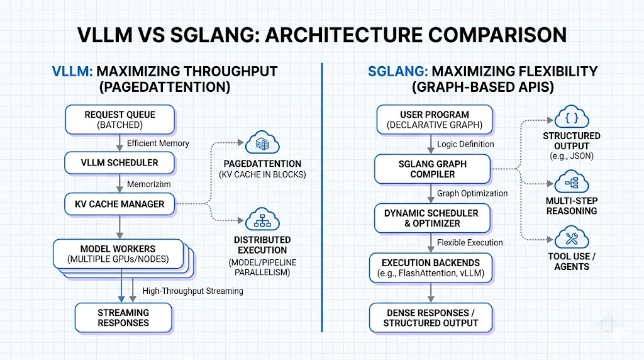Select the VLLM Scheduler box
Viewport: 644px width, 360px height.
point(119,162)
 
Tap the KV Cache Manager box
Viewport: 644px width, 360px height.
point(119,204)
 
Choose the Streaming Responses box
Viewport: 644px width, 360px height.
point(123,318)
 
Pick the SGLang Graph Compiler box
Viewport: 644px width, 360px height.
point(432,168)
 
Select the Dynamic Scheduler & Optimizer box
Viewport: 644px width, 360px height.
point(431,218)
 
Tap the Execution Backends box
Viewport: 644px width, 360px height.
point(431,267)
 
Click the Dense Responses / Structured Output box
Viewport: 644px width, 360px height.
point(431,318)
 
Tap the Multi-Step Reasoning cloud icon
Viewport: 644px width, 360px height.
point(572,183)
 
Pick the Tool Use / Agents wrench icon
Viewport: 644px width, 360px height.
point(572,239)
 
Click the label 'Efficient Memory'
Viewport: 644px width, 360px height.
point(158,143)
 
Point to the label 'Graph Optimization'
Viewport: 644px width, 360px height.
point(472,193)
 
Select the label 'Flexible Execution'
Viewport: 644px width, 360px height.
point(470,242)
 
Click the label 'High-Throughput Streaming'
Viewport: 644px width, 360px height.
point(192,291)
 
